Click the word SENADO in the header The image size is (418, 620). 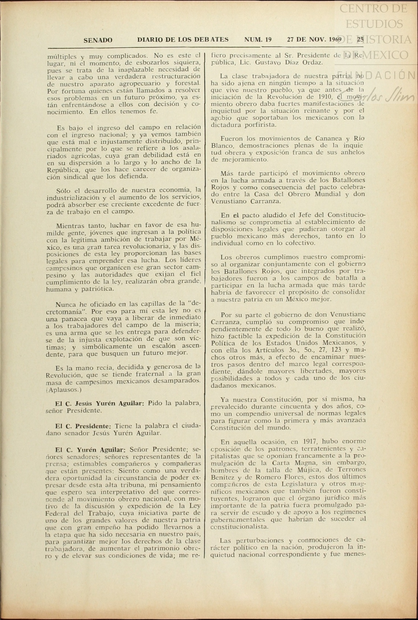[x=98, y=40]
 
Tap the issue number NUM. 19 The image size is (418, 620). [x=258, y=40]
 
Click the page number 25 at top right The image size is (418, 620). [x=360, y=39]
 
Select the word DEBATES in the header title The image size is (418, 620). [x=211, y=40]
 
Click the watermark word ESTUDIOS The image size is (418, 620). [x=374, y=24]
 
